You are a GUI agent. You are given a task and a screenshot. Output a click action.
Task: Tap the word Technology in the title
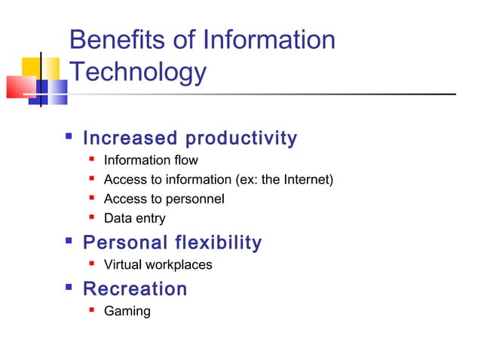(137, 73)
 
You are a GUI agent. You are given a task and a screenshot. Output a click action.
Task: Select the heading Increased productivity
(190, 139)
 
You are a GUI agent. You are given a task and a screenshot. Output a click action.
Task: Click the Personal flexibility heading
(173, 243)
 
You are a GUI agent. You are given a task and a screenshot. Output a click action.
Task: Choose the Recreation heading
(135, 289)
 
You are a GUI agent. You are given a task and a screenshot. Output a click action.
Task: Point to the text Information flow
(151, 160)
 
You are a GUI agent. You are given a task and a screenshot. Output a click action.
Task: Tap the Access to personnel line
(164, 199)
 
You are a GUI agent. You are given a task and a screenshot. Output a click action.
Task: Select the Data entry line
(134, 219)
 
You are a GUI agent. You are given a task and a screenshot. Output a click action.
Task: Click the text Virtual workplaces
(158, 264)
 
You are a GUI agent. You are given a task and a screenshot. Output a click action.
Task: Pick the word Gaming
(127, 311)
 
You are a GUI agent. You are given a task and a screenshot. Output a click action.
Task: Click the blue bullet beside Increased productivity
(69, 138)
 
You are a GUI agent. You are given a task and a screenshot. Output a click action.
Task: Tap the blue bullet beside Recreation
(69, 287)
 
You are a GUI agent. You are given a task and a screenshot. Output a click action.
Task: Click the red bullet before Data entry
(91, 218)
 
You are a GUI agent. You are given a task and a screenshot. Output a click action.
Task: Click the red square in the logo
(20, 86)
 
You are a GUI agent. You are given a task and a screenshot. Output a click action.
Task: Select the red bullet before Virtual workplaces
(91, 263)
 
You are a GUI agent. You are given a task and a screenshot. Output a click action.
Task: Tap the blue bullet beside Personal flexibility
(69, 241)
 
